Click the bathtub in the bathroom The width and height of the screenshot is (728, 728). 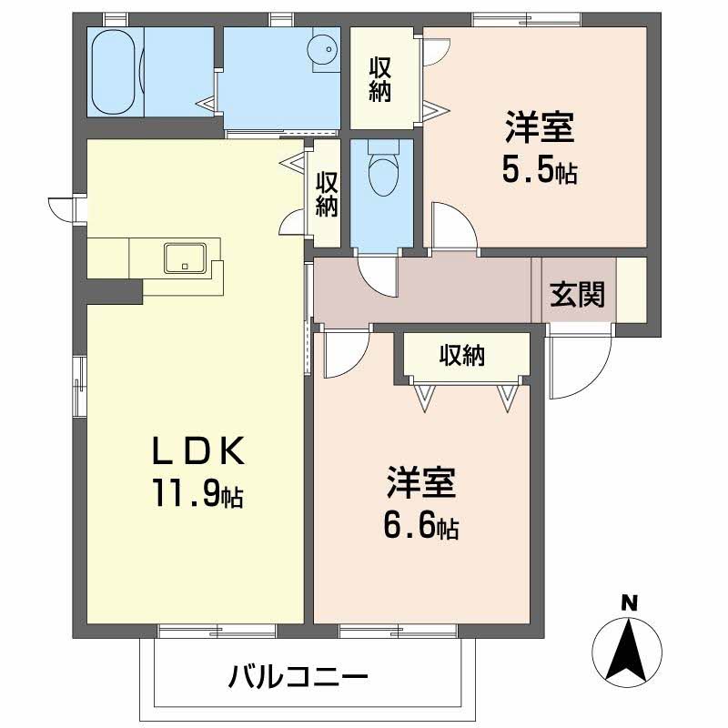[114, 71]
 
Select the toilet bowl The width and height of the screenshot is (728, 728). [382, 173]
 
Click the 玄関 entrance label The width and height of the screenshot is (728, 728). [577, 295]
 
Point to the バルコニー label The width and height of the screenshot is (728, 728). [298, 678]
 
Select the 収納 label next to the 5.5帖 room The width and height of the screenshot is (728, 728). [380, 79]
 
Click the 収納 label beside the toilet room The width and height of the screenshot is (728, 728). [327, 193]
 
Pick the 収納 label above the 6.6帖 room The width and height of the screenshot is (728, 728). [461, 356]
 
